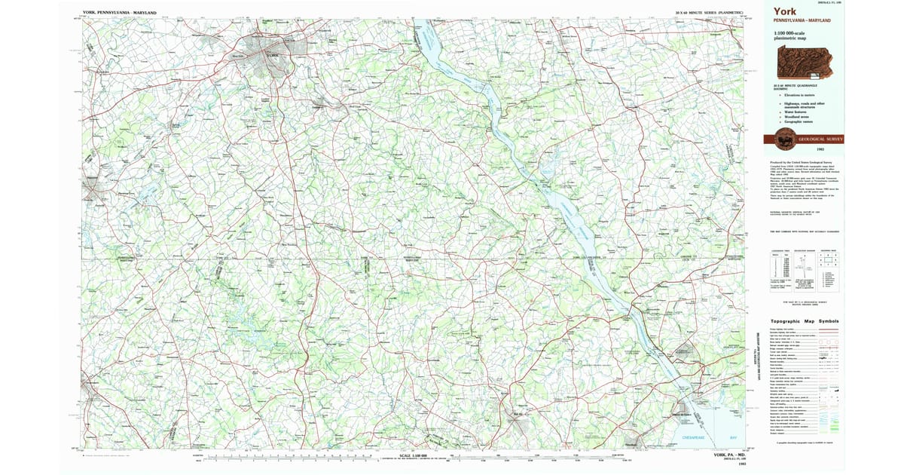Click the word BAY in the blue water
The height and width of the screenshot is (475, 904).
click(x=733, y=437)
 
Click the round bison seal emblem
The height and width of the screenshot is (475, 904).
click(x=784, y=139)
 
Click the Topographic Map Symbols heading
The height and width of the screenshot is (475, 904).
click(x=806, y=321)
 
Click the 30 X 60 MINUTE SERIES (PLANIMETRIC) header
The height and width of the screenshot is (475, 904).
click(x=710, y=13)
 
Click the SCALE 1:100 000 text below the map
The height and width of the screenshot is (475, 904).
click(x=415, y=455)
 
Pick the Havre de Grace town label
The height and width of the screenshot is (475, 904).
click(x=682, y=414)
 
